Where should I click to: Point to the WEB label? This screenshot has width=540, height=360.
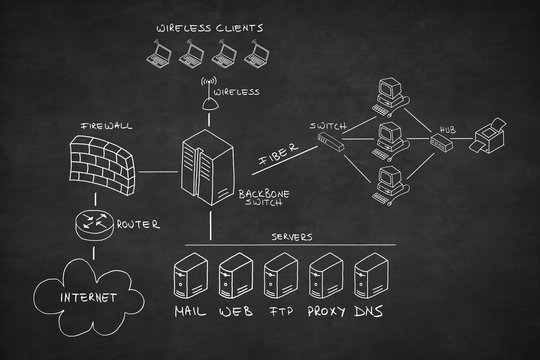point(236,313)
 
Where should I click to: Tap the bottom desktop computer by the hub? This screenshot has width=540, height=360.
point(388,181)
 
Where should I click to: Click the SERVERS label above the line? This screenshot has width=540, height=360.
point(292,237)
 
